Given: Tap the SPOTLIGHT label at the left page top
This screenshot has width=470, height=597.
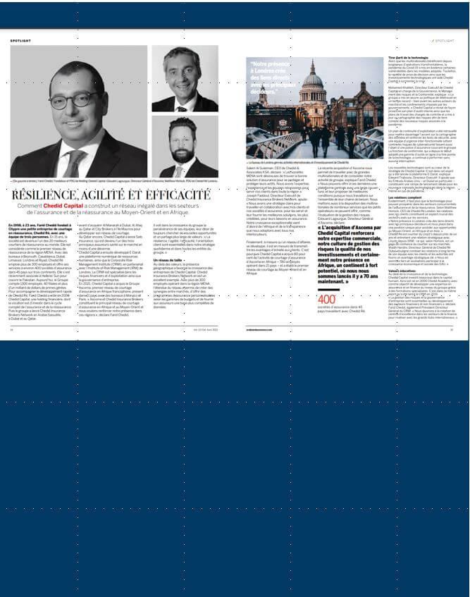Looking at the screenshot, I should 20,40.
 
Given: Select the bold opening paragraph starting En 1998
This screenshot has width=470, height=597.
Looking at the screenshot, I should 35,226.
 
